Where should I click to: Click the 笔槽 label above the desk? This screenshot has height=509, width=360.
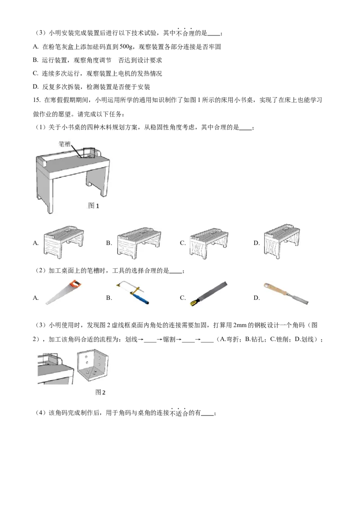click(x=64, y=143)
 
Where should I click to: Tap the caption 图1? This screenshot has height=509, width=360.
click(x=94, y=205)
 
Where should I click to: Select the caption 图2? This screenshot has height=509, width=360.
click(x=100, y=392)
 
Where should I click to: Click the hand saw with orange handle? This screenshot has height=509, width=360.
click(x=63, y=292)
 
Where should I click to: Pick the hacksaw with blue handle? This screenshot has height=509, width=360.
click(x=133, y=292)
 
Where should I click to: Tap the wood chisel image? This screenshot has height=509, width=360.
click(x=286, y=293)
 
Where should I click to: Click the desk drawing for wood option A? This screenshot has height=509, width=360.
click(x=64, y=241)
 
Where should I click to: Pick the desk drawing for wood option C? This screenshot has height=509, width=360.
click(x=209, y=241)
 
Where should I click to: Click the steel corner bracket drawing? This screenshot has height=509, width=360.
click(x=92, y=367)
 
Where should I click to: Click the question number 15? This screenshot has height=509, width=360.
click(x=36, y=100)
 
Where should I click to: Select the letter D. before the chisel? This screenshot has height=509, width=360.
click(x=256, y=298)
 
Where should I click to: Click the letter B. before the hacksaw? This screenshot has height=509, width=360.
click(x=109, y=298)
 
